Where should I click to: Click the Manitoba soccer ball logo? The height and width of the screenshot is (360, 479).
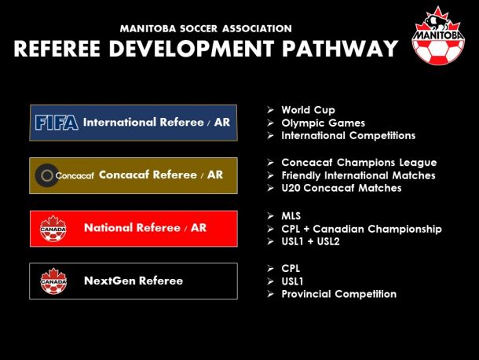(438, 36)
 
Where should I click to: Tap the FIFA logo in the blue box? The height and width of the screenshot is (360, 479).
(57, 123)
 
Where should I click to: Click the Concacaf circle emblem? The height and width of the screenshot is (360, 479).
(47, 175)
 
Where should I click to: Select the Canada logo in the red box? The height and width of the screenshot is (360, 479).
(53, 229)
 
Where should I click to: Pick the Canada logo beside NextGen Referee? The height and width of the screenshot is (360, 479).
(53, 281)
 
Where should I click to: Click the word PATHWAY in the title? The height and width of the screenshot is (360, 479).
(340, 49)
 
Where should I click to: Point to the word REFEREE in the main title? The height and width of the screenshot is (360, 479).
(57, 49)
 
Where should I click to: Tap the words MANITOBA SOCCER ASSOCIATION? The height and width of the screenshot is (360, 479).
(206, 29)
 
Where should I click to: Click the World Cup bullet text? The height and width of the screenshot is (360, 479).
(309, 110)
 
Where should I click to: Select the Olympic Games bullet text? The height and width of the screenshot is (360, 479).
(324, 123)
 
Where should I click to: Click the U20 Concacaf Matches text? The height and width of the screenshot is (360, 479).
(342, 188)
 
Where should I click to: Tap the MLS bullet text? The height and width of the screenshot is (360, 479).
(291, 216)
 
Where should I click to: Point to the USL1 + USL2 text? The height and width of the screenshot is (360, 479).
(310, 241)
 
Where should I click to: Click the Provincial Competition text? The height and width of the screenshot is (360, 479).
(338, 294)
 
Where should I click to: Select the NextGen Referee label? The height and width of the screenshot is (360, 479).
(133, 281)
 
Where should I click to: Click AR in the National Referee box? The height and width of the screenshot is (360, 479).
(199, 228)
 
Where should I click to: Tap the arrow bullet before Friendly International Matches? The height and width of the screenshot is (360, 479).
(270, 175)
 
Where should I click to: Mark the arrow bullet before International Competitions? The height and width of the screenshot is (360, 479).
(270, 135)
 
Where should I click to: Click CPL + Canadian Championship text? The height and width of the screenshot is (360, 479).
(362, 229)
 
